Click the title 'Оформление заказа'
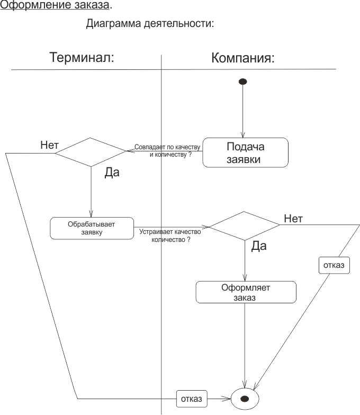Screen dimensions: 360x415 (55, 6)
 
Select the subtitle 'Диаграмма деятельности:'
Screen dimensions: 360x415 (150, 24)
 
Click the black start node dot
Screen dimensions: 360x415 (243, 82)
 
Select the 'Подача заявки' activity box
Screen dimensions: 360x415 (245, 152)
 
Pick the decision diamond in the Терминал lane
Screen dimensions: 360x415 (91, 152)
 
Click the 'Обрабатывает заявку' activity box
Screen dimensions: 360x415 (92, 228)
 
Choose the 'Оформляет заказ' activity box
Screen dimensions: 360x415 (246, 292)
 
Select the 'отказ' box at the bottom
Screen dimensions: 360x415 (191, 398)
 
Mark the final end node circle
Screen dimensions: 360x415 (245, 398)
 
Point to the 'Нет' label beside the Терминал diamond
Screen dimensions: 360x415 (49, 145)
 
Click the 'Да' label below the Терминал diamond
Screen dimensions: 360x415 (112, 172)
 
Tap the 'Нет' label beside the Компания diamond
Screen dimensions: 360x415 (293, 218)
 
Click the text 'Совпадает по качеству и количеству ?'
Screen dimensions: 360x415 (167, 150)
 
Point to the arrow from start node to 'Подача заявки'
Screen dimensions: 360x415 (243, 111)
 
